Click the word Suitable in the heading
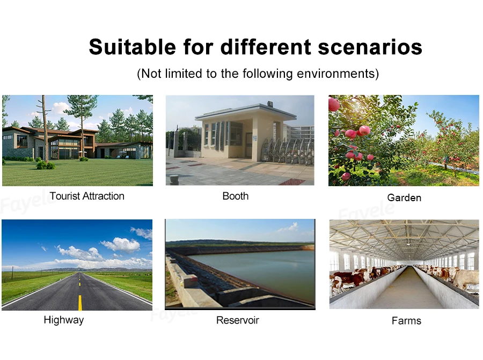pos(133,47)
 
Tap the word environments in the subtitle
pos(336,74)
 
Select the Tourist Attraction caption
pos(87,196)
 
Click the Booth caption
pos(236,196)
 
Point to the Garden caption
pos(404,198)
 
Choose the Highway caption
pos(64,320)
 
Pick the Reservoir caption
pos(238,320)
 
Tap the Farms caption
pos(406,321)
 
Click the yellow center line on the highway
pos(80,302)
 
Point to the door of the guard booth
pos(248,146)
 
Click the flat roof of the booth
pos(246,113)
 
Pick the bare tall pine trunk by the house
pos(45,129)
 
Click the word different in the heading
pos(266,47)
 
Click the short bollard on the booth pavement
pos(174,179)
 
